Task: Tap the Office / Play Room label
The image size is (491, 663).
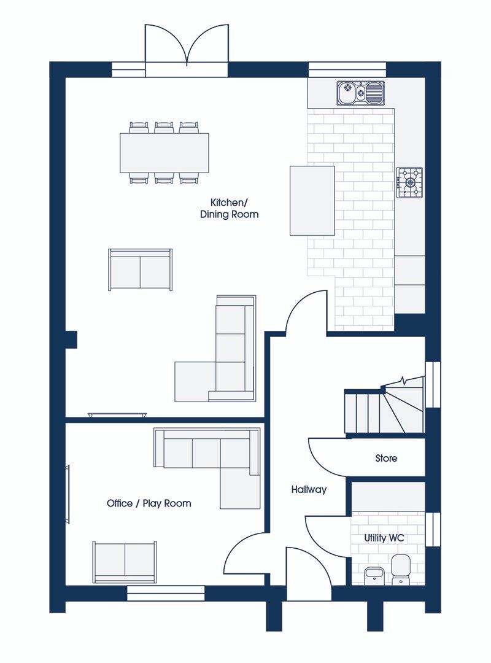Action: pyautogui.click(x=149, y=503)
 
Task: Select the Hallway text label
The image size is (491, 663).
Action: pyautogui.click(x=309, y=490)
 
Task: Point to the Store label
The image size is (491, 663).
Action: pyautogui.click(x=386, y=458)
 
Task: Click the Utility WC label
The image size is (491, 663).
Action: pyautogui.click(x=384, y=538)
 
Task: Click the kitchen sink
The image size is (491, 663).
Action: pyautogui.click(x=361, y=93)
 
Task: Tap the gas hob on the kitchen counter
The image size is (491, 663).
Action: pyautogui.click(x=409, y=182)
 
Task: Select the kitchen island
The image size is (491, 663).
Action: pyautogui.click(x=312, y=201)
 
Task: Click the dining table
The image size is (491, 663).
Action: pyautogui.click(x=164, y=153)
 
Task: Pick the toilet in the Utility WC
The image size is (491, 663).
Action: pyautogui.click(x=401, y=569)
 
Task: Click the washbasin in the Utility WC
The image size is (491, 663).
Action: pyautogui.click(x=374, y=575)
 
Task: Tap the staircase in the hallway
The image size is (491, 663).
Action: pyautogui.click(x=384, y=408)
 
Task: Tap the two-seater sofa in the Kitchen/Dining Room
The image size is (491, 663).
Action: pyautogui.click(x=141, y=269)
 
